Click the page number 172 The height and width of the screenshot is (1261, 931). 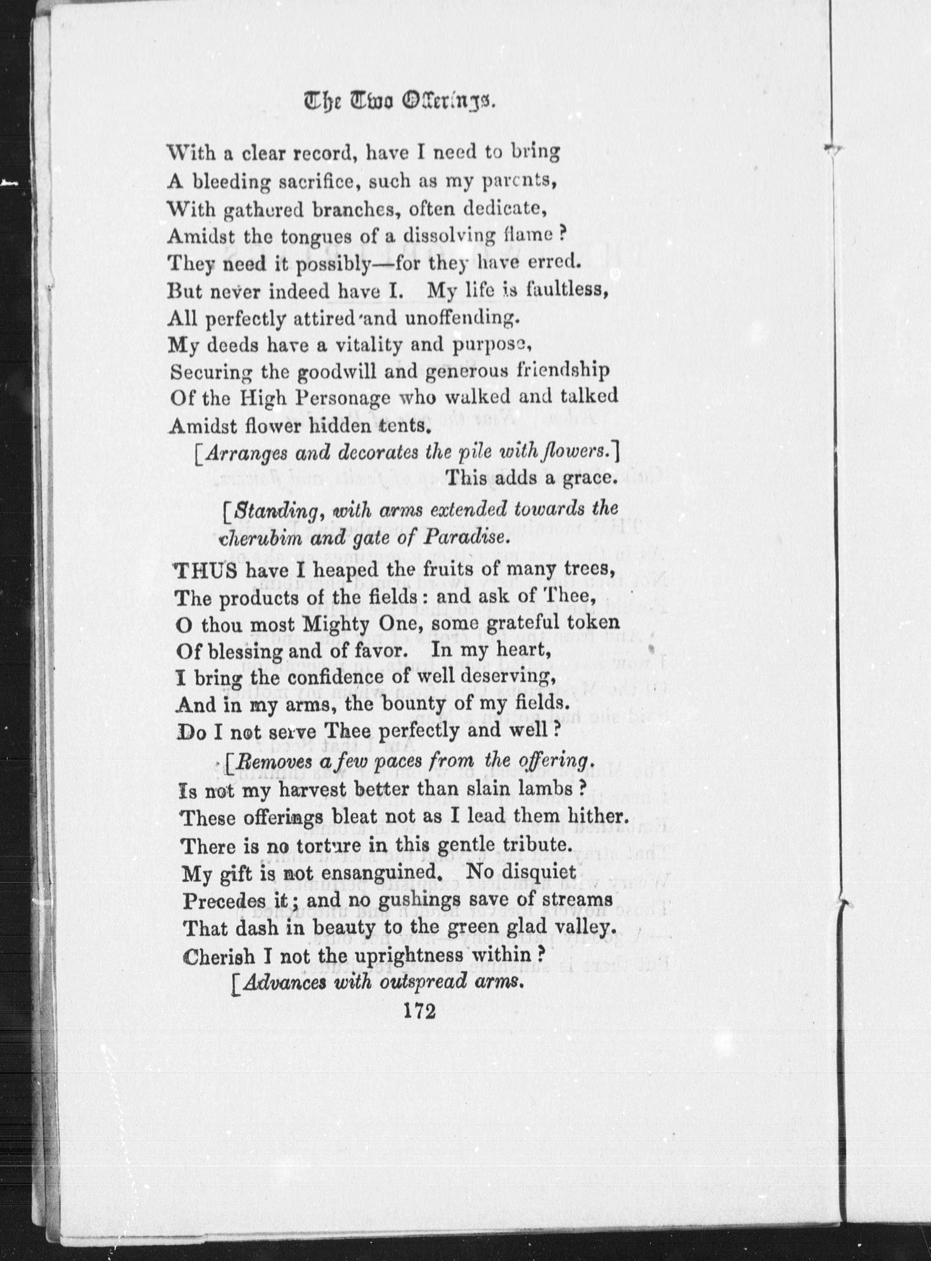tap(420, 1012)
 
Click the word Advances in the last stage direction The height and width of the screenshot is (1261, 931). tap(285, 982)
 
